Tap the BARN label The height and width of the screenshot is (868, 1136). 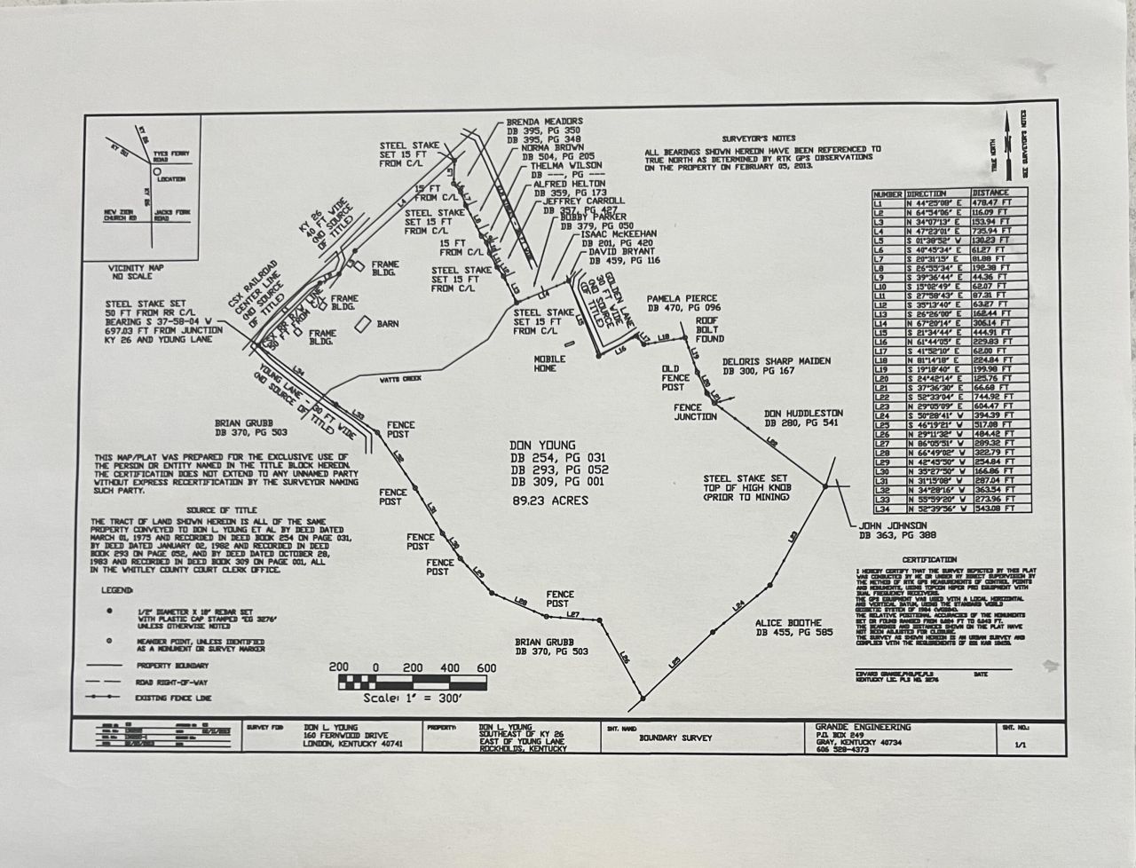click(x=388, y=325)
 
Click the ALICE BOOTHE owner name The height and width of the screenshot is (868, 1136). click(x=788, y=623)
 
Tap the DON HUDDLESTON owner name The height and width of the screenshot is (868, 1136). click(x=803, y=414)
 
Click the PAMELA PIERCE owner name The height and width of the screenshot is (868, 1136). click(x=681, y=299)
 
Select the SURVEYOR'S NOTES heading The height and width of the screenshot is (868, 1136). click(x=761, y=139)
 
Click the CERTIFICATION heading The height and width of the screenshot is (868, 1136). click(x=929, y=560)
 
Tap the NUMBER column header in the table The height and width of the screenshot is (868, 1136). click(x=887, y=193)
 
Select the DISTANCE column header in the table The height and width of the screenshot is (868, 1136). click(x=990, y=193)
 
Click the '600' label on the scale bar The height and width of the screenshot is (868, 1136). click(x=485, y=667)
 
